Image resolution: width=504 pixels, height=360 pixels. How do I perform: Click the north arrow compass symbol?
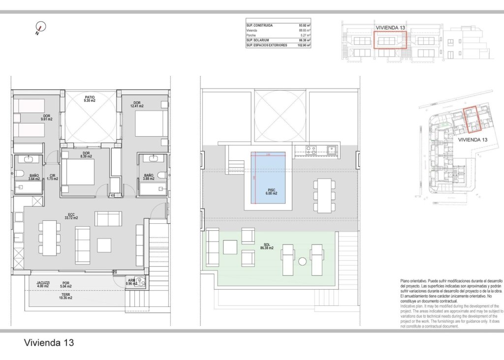[x=40, y=29]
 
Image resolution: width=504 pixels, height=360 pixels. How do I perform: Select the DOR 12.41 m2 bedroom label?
[x=136, y=104]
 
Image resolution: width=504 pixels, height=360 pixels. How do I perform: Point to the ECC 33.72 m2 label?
[x=72, y=215]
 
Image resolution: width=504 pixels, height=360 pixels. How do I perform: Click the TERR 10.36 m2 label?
[x=65, y=296]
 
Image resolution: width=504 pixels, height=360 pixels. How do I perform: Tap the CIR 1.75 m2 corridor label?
[x=52, y=177]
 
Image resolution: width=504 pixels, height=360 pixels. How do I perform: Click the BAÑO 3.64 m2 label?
[x=34, y=177]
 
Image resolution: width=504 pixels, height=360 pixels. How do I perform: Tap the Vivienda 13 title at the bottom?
[x=49, y=342]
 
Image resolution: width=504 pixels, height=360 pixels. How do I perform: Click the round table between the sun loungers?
[x=302, y=261]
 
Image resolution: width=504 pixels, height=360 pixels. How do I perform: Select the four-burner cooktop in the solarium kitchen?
[x=311, y=150]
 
